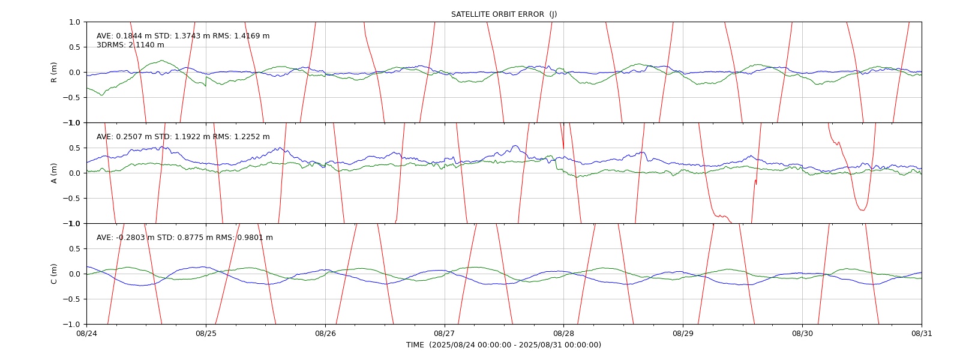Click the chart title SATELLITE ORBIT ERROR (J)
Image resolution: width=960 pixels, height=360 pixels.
point(504,14)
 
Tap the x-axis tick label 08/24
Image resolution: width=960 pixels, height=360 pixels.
point(87,334)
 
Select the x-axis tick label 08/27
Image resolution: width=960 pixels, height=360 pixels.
point(445,334)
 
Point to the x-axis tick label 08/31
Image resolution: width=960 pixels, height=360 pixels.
point(922,334)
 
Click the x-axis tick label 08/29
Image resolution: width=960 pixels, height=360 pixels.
point(683,334)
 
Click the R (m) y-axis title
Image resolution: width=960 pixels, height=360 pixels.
point(54,73)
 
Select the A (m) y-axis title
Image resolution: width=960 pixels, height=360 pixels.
point(54,173)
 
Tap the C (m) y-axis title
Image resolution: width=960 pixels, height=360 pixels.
point(54,274)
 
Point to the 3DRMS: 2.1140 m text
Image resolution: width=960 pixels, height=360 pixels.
point(130,45)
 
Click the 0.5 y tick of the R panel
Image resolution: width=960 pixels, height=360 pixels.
point(74,47)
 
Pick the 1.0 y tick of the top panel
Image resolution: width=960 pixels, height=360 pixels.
point(74,22)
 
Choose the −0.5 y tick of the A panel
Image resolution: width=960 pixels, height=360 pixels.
point(71,199)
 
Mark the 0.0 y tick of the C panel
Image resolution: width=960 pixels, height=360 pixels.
point(74,274)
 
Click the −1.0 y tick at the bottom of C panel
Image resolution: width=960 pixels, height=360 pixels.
point(71,325)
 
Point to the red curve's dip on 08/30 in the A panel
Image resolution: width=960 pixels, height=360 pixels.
point(862,210)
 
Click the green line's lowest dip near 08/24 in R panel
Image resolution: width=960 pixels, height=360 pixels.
point(101,95)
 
